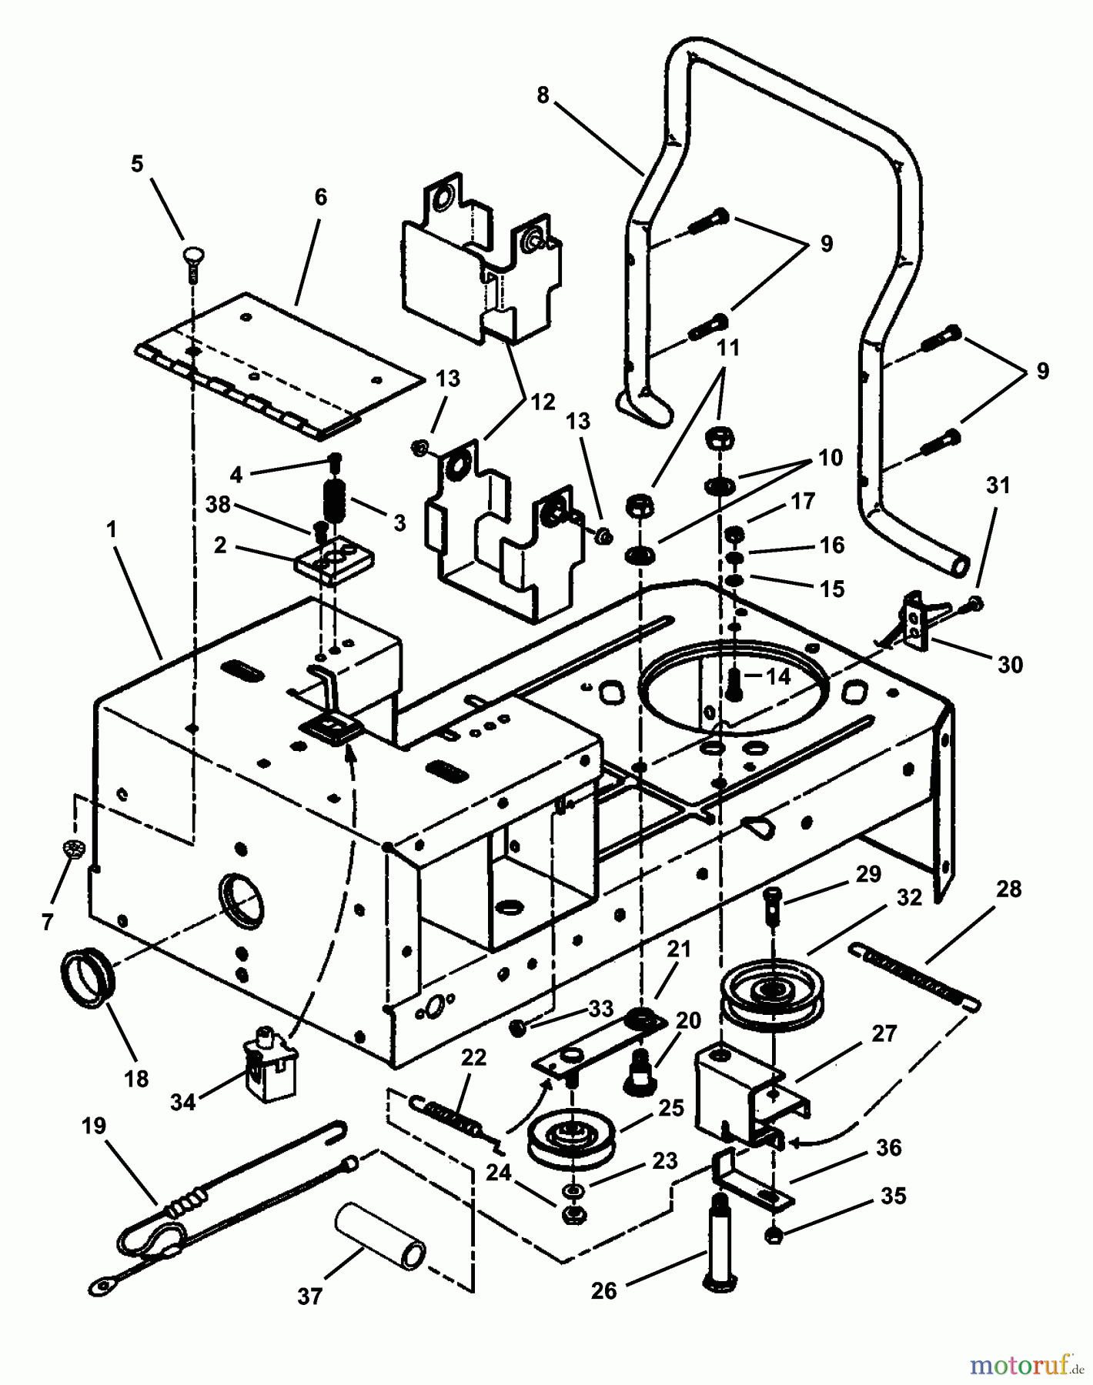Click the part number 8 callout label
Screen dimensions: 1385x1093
click(543, 95)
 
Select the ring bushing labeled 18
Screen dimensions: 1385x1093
click(88, 979)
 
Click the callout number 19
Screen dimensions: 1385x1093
click(93, 1126)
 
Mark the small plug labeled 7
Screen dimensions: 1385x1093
click(73, 849)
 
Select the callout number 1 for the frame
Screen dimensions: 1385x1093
click(112, 530)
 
